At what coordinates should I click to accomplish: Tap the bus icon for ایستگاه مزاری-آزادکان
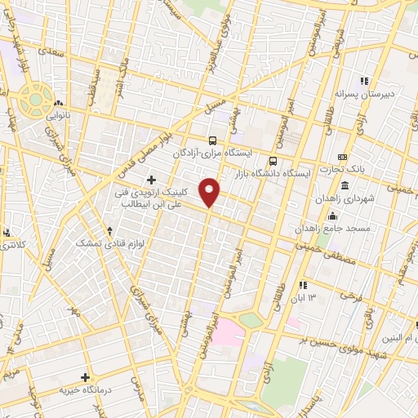tap(212, 140)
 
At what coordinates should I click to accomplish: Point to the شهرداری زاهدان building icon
tap(345, 186)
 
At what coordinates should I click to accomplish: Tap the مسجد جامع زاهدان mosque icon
tap(332, 216)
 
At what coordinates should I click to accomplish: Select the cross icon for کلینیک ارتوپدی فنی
tap(151, 179)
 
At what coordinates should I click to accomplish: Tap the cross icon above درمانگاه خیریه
tap(85, 377)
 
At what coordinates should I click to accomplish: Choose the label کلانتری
tap(11, 244)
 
